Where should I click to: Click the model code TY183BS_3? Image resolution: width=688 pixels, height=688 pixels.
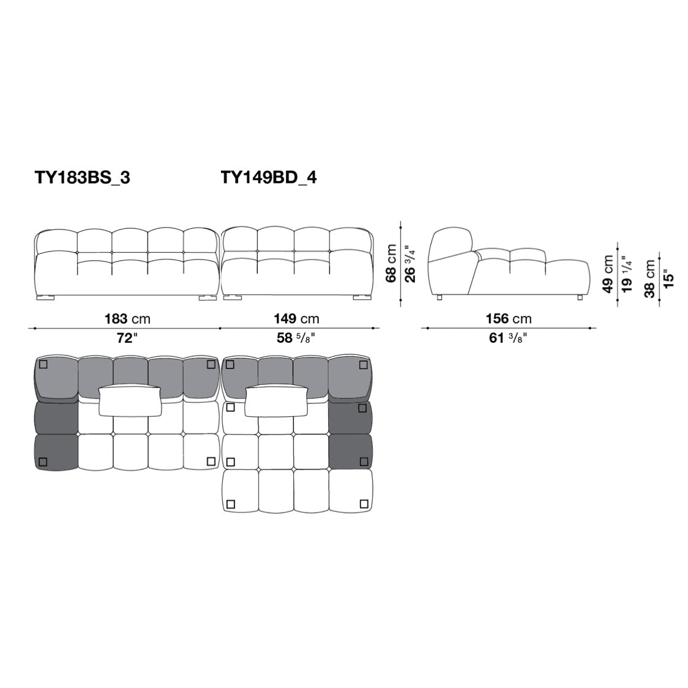click(x=83, y=178)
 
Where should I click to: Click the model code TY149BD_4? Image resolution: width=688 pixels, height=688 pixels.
click(x=269, y=178)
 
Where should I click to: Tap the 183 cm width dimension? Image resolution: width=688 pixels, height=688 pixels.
click(x=127, y=318)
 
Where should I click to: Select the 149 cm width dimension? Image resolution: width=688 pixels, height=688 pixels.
click(x=297, y=318)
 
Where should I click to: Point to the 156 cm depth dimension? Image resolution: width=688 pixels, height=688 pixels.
click(x=509, y=318)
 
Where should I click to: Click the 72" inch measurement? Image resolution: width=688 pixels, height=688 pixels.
click(x=127, y=338)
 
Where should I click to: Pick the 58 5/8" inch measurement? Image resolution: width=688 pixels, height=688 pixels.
click(x=296, y=338)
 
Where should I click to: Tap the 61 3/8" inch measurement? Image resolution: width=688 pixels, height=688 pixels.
click(x=508, y=338)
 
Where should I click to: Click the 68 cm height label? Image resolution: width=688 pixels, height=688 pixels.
click(x=391, y=263)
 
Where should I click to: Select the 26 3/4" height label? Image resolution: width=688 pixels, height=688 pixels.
click(x=410, y=263)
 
